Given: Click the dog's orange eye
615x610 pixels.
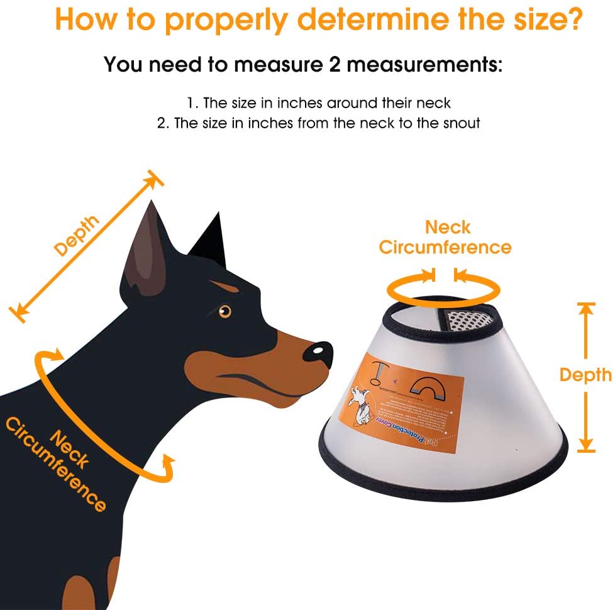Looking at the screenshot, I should [224, 311].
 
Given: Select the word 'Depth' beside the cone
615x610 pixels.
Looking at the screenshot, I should [585, 375].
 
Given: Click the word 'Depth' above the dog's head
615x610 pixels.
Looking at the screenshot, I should [77, 236].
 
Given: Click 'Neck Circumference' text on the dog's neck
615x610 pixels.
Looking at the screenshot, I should [57, 462].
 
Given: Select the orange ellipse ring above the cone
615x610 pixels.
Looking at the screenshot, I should [443, 291].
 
